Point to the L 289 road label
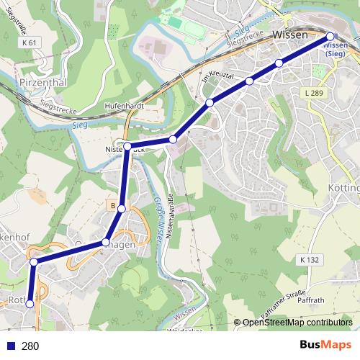click(314, 93)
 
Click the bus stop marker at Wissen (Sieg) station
click(330, 36)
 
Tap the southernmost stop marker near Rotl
click(30, 305)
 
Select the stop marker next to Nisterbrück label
click(127, 147)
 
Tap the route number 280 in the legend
click(30, 346)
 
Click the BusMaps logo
click(325, 345)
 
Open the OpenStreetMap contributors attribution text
click(297, 323)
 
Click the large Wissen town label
click(290, 35)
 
